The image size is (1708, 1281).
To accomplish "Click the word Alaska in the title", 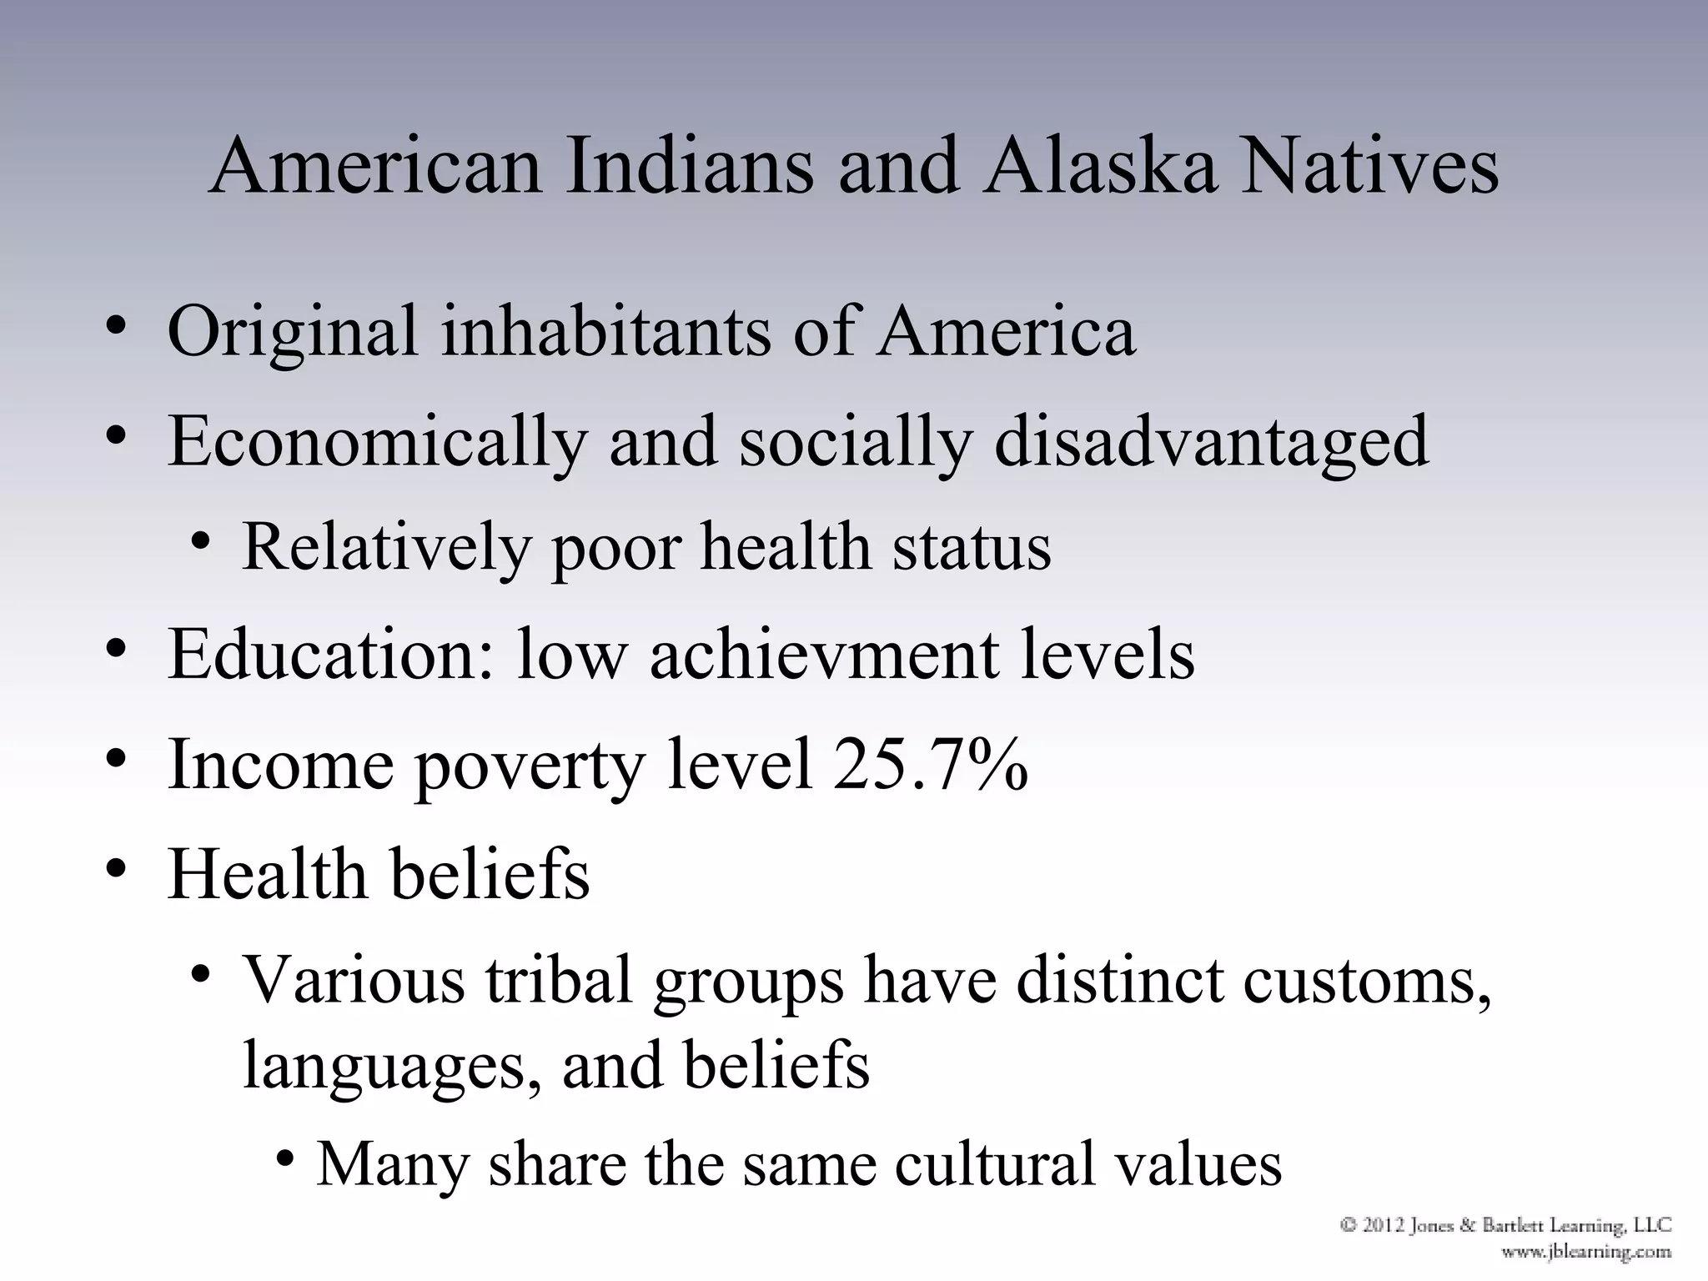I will coord(1100,167).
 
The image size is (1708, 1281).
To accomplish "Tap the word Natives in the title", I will coord(1370,167).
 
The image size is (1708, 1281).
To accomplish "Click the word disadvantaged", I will coord(1212,443).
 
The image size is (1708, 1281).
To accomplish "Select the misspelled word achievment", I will coord(824,655).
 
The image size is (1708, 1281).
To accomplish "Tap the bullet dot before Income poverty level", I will coord(116,760).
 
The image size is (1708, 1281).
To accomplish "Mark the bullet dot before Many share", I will coord(286,1159).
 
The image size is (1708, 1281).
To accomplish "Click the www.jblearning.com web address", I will coord(1586,1251).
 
